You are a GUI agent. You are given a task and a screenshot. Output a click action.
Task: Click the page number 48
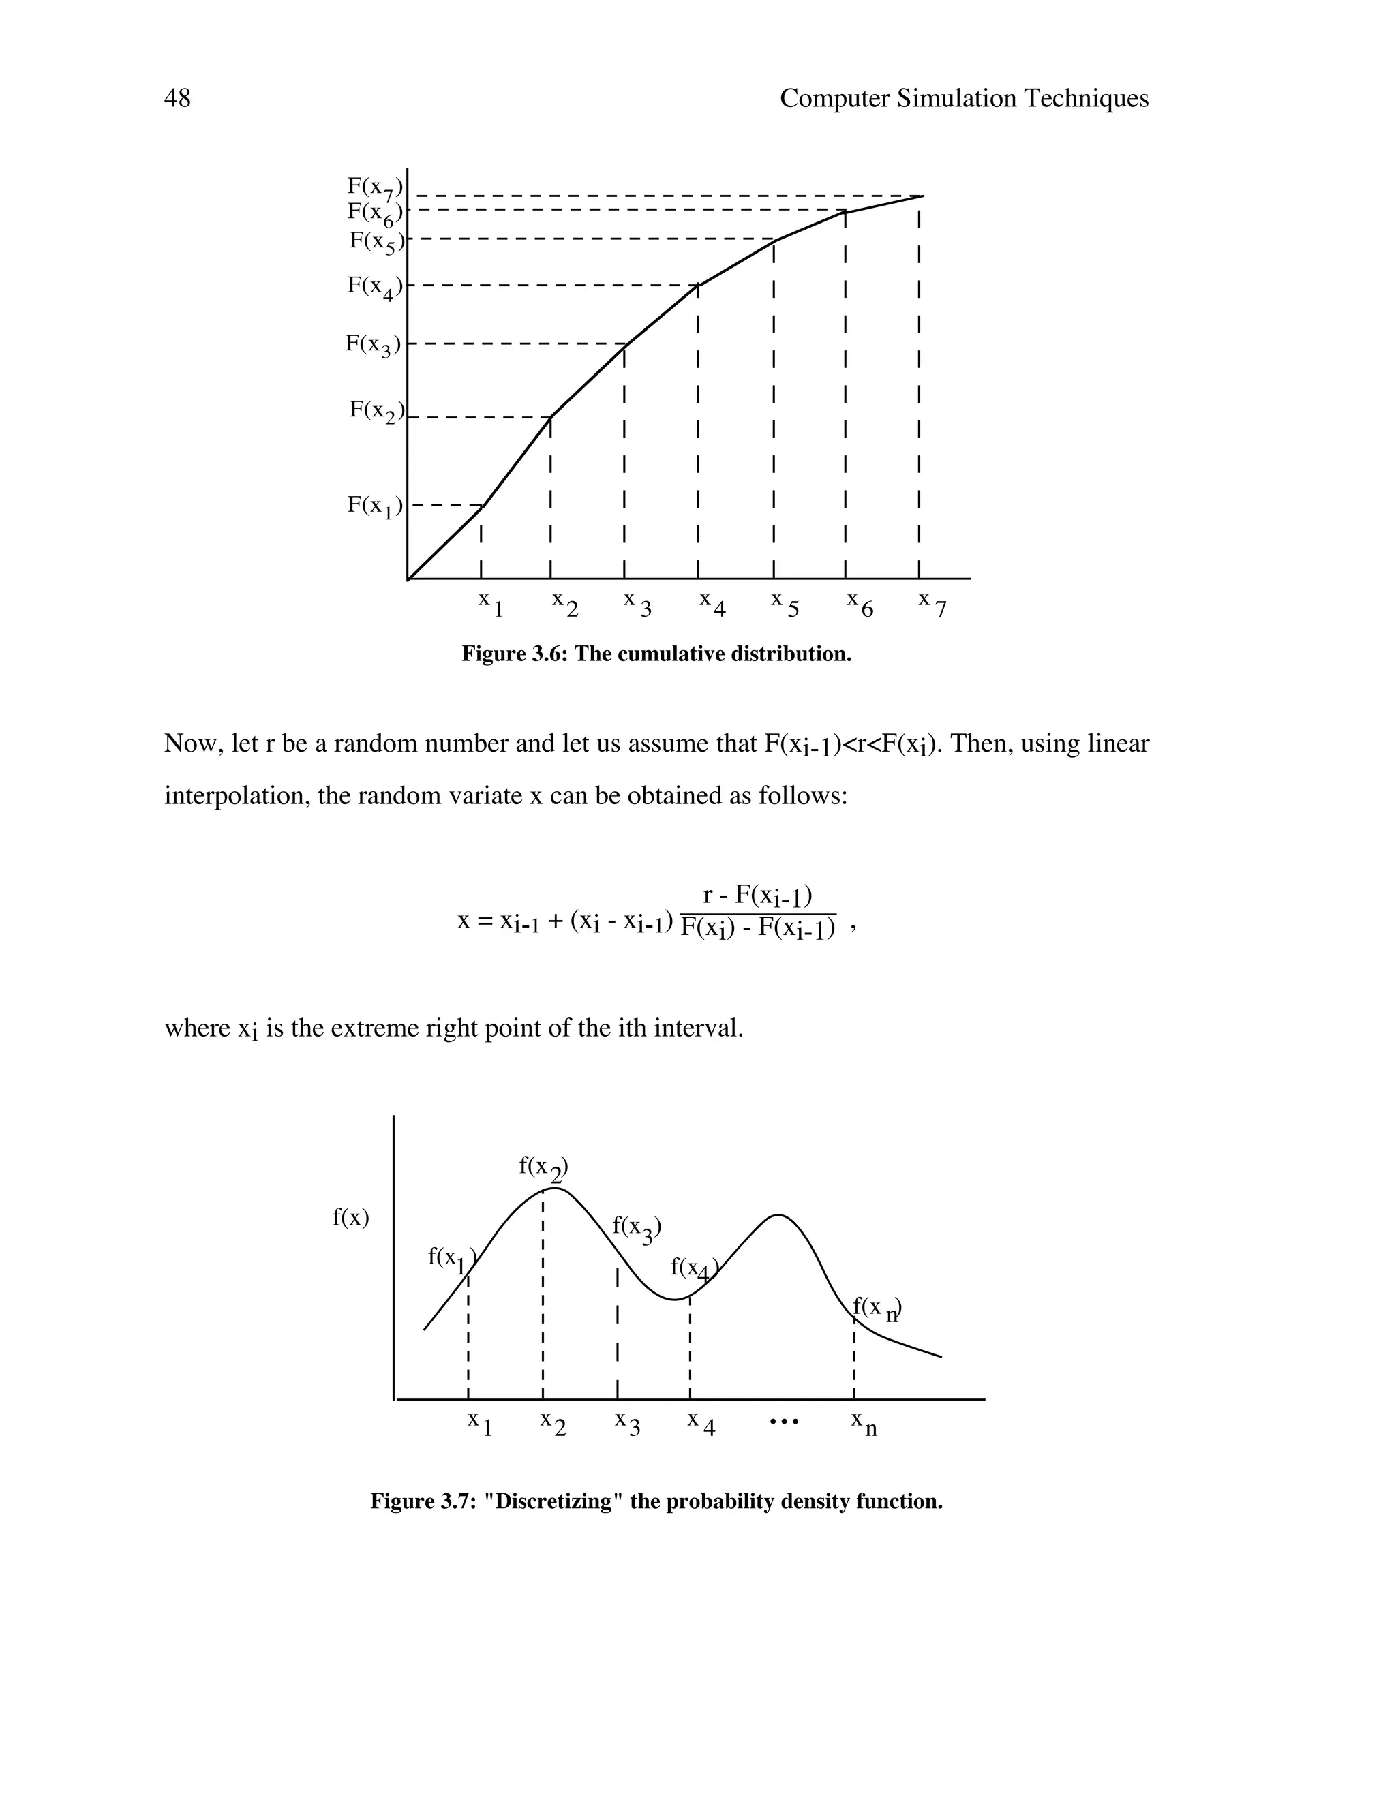point(177,98)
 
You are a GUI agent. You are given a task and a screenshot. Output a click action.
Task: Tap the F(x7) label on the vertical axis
point(375,187)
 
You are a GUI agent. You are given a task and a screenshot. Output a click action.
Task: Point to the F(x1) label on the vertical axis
point(375,506)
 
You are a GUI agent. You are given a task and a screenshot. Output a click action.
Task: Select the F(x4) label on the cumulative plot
point(375,287)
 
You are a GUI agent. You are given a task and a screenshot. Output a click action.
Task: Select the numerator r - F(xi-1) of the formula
point(757,896)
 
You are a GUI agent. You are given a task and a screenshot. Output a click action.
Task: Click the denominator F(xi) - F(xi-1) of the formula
point(757,929)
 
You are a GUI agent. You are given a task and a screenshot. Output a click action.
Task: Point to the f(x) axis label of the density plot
point(350,1217)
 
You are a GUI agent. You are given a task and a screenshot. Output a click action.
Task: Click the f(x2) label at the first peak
point(543,1167)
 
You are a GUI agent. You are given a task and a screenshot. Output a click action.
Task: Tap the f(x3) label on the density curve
point(637,1229)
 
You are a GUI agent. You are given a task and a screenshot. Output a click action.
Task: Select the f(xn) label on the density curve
point(877,1308)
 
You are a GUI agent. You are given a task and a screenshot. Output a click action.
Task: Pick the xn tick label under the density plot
point(864,1424)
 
